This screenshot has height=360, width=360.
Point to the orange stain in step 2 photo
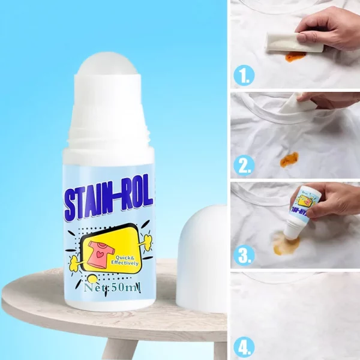[x=289, y=159]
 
